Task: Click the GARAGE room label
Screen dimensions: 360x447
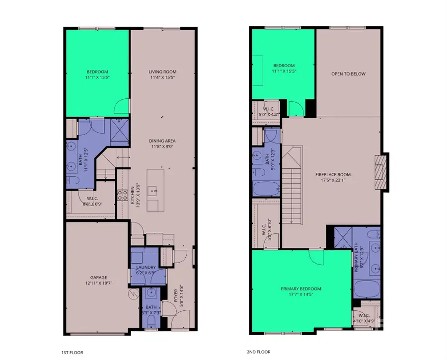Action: [98, 278]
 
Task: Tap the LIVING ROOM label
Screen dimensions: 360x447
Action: [162, 72]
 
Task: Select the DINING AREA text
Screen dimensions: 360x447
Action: [162, 141]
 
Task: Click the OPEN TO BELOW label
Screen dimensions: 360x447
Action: [348, 74]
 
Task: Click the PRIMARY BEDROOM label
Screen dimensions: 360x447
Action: [300, 289]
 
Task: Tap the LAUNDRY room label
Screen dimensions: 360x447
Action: [146, 267]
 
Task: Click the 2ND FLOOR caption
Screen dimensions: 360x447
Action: [258, 352]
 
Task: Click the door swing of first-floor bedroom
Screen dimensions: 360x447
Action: [121, 106]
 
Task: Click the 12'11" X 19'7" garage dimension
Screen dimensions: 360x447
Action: [98, 284]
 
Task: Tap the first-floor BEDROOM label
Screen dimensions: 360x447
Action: [96, 72]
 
